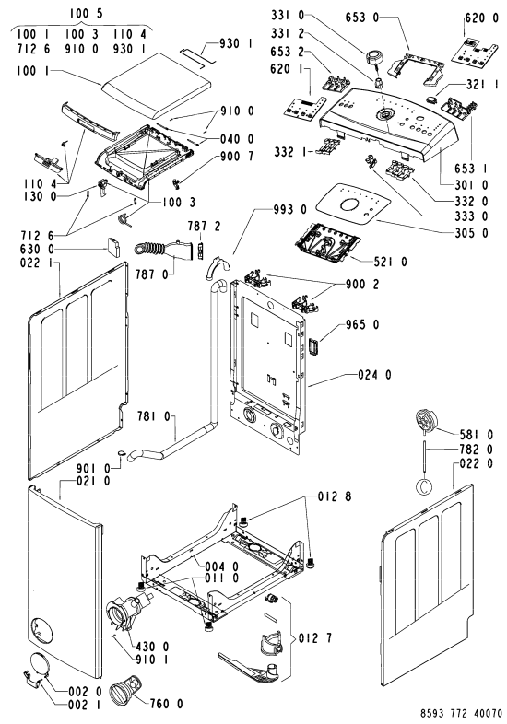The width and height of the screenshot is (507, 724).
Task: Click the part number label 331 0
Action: point(288,16)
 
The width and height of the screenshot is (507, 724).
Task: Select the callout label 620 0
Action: point(481,18)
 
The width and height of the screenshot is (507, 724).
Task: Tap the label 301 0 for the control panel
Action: point(470,185)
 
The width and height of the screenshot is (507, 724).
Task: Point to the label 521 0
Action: point(391,262)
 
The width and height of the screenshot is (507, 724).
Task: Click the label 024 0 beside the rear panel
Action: point(374,375)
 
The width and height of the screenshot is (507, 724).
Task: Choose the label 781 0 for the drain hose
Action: point(153,417)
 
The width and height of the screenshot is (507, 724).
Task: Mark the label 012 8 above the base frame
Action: point(335,496)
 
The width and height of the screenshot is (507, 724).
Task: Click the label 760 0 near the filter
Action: point(166,704)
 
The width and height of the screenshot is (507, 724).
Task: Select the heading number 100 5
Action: point(87,14)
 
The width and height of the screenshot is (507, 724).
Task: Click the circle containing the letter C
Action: point(424,485)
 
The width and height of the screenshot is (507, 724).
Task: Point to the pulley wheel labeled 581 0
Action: point(425,421)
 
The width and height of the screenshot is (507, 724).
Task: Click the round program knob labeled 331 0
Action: point(373,59)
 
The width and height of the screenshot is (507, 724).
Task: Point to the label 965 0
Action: point(362,325)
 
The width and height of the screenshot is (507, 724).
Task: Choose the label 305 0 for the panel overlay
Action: point(470,233)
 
